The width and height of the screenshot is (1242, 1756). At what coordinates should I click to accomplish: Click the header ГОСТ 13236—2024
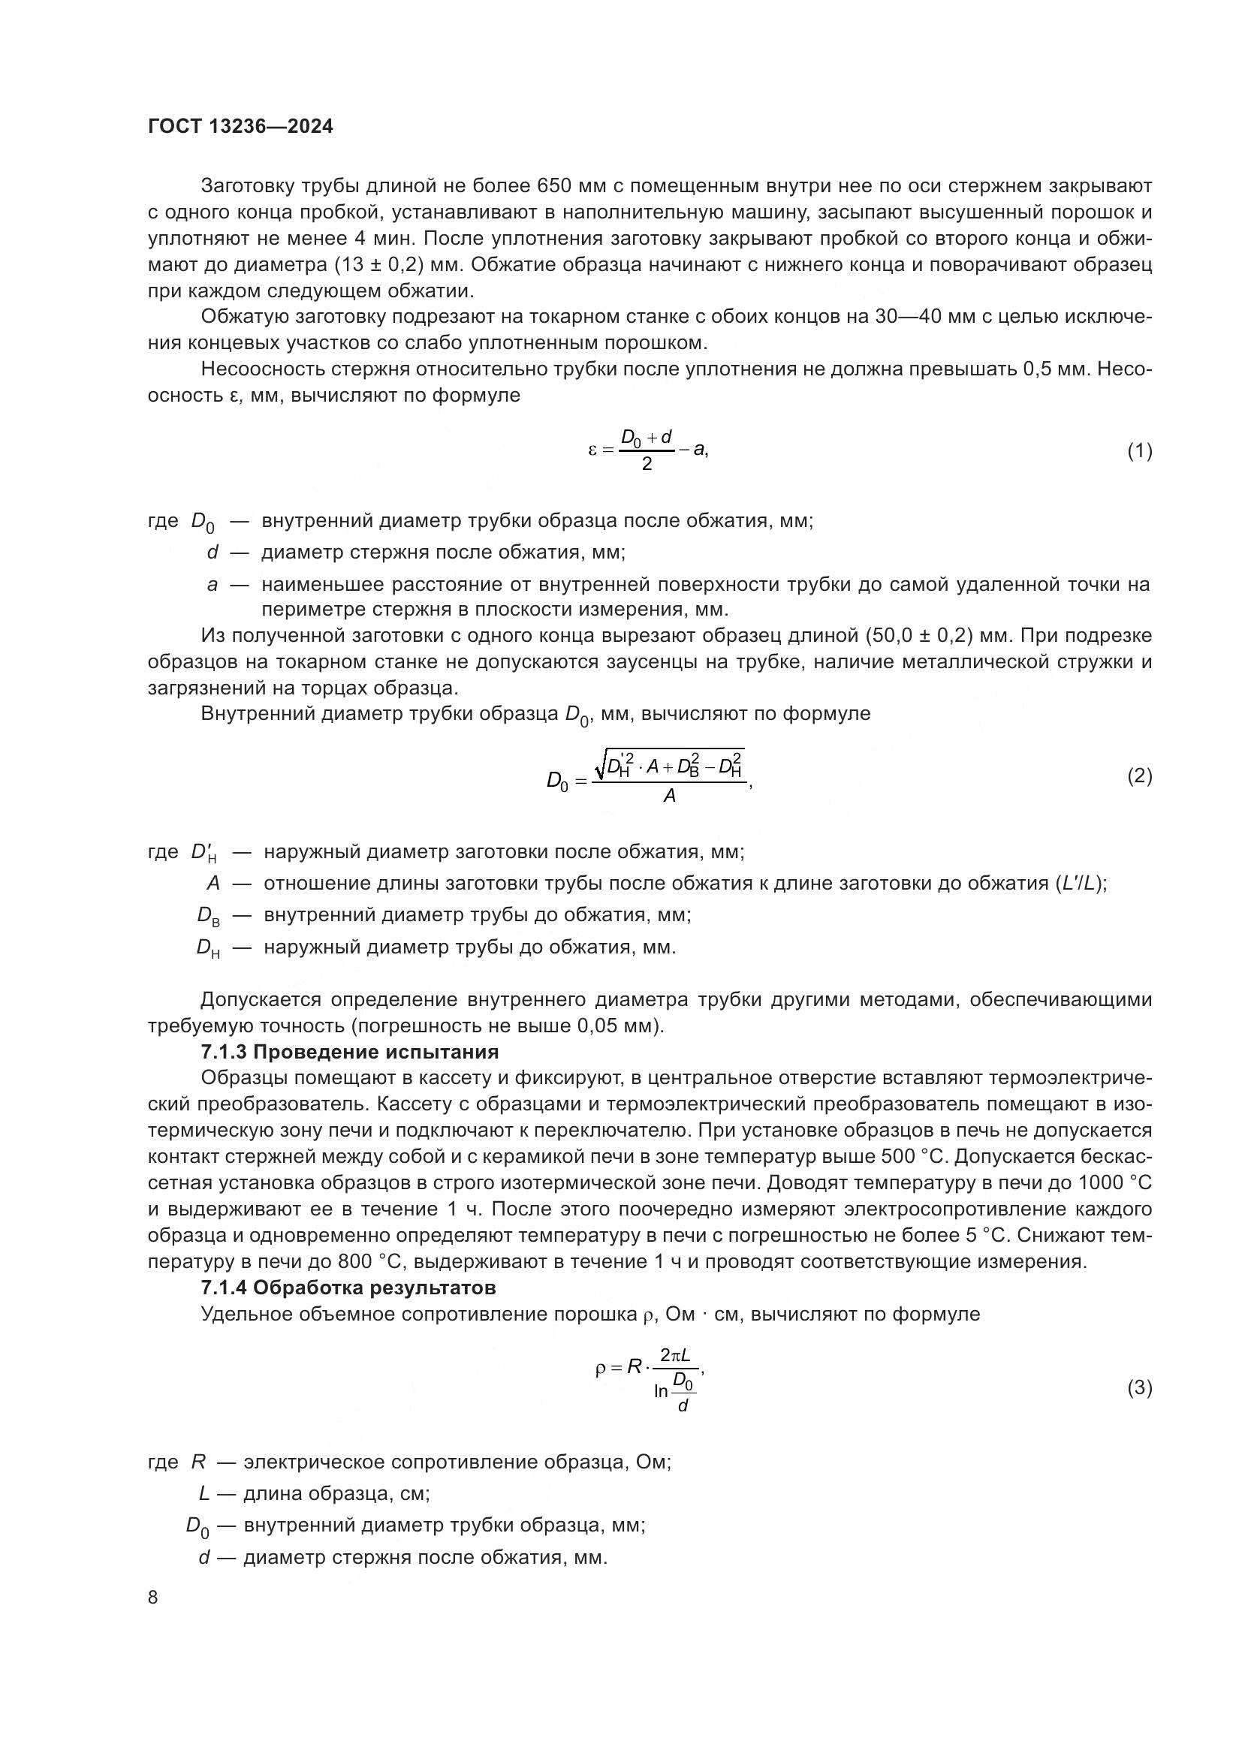pyautogui.click(x=240, y=127)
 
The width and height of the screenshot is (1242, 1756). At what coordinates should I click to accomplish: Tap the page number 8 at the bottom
pyautogui.click(x=153, y=1597)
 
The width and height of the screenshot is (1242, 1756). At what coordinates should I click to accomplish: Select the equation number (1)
pyautogui.click(x=1140, y=450)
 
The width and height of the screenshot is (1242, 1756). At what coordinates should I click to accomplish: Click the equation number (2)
pyautogui.click(x=1140, y=776)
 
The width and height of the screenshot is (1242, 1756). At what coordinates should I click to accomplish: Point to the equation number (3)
pyautogui.click(x=1140, y=1387)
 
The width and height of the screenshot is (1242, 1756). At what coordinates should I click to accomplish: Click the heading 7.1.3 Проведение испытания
pyautogui.click(x=349, y=1052)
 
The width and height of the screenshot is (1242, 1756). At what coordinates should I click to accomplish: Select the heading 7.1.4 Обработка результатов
pyautogui.click(x=348, y=1288)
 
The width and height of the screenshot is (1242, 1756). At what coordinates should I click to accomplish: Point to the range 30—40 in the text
pyautogui.click(x=907, y=317)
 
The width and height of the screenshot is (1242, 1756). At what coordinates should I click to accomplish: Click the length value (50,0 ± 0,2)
pyautogui.click(x=926, y=636)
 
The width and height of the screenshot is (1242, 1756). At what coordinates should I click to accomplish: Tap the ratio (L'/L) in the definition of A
pyautogui.click(x=1079, y=884)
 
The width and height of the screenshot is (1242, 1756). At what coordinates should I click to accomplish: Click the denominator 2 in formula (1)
pyautogui.click(x=647, y=464)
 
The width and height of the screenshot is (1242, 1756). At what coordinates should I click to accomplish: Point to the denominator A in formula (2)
pyautogui.click(x=669, y=796)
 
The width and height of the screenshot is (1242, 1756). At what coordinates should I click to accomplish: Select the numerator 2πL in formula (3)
pyautogui.click(x=675, y=1355)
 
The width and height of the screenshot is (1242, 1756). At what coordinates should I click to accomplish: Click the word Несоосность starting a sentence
pyautogui.click(x=262, y=369)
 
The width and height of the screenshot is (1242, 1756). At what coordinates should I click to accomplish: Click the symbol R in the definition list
pyautogui.click(x=199, y=1462)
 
